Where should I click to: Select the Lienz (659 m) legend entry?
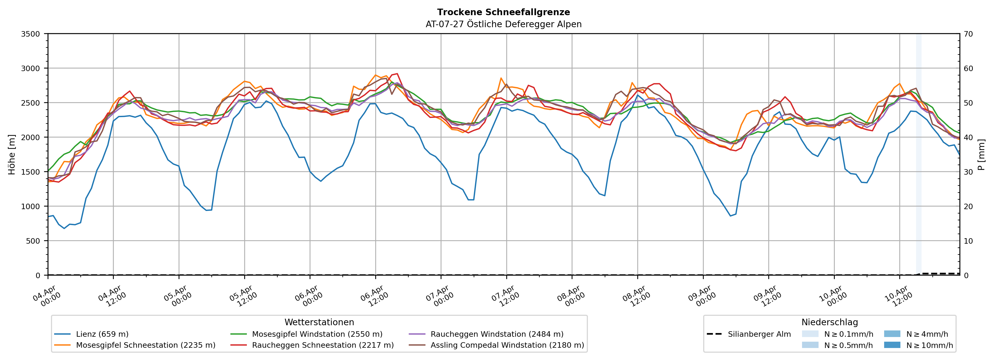pyautogui.click(x=102, y=334)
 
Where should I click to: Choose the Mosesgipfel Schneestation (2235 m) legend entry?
pyautogui.click(x=145, y=345)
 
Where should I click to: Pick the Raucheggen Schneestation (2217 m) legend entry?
pyautogui.click(x=323, y=345)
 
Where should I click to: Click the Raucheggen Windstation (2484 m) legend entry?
pyautogui.click(x=497, y=334)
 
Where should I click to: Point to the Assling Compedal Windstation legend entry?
pyautogui.click(x=507, y=345)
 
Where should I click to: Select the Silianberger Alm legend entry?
pyautogui.click(x=759, y=334)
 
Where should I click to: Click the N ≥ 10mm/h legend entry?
pyautogui.click(x=929, y=345)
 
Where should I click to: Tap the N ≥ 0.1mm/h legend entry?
pyautogui.click(x=848, y=334)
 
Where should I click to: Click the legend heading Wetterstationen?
pyautogui.click(x=319, y=322)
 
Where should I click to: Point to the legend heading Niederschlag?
pyautogui.click(x=830, y=322)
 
